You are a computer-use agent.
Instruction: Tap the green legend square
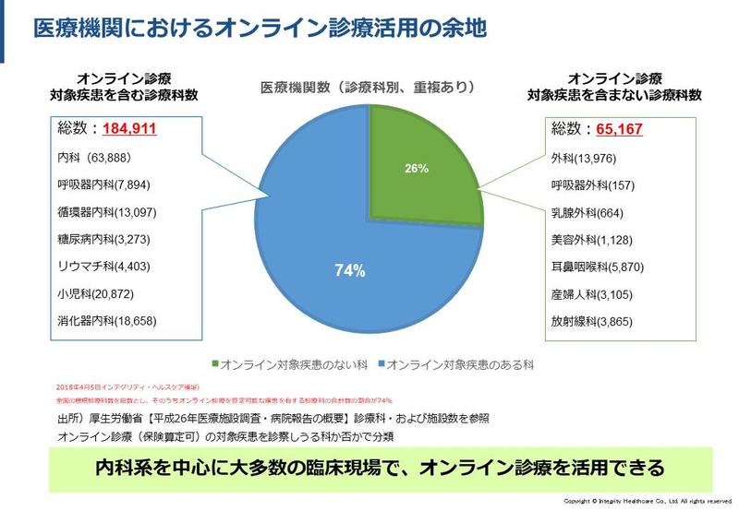pyautogui.click(x=217, y=364)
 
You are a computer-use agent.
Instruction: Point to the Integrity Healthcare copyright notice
pyautogui.click(x=647, y=503)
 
